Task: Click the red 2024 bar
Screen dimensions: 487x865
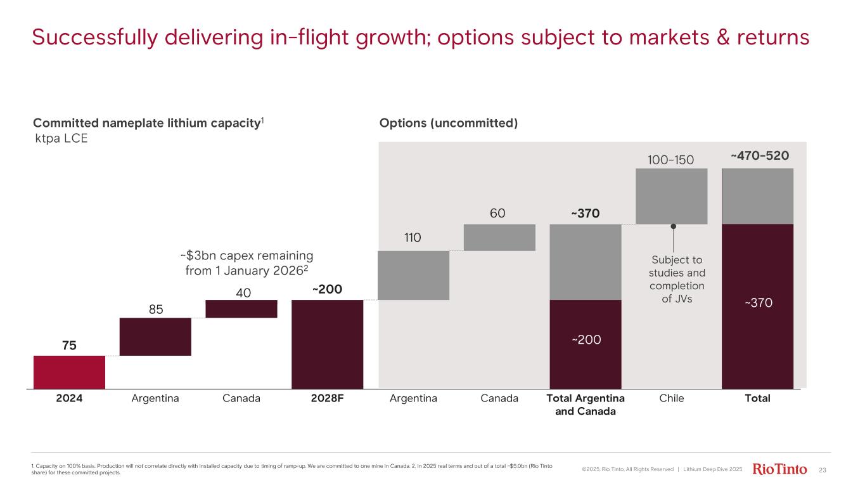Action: [69, 372]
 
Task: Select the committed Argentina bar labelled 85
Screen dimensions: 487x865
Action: [155, 336]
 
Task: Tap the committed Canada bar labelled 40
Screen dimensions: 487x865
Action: [241, 309]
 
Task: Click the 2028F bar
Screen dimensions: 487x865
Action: [327, 344]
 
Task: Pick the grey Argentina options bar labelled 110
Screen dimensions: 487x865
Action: [413, 275]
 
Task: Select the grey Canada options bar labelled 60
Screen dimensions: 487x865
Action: [499, 237]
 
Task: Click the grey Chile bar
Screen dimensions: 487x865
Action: [671, 196]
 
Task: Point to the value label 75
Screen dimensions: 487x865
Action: [69, 345]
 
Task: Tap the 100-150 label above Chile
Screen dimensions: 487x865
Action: [671, 159]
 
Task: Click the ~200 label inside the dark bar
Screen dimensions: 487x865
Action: [586, 340]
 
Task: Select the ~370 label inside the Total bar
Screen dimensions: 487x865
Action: [758, 304]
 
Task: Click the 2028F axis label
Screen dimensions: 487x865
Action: [327, 399]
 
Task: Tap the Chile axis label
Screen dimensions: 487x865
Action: [671, 399]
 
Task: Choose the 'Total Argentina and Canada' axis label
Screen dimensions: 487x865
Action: [586, 405]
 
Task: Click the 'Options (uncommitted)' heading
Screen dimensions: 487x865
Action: [448, 123]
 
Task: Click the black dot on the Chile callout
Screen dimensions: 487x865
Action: [672, 226]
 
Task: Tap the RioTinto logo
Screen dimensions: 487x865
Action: [779, 469]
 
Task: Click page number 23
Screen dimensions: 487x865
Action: [823, 470]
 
